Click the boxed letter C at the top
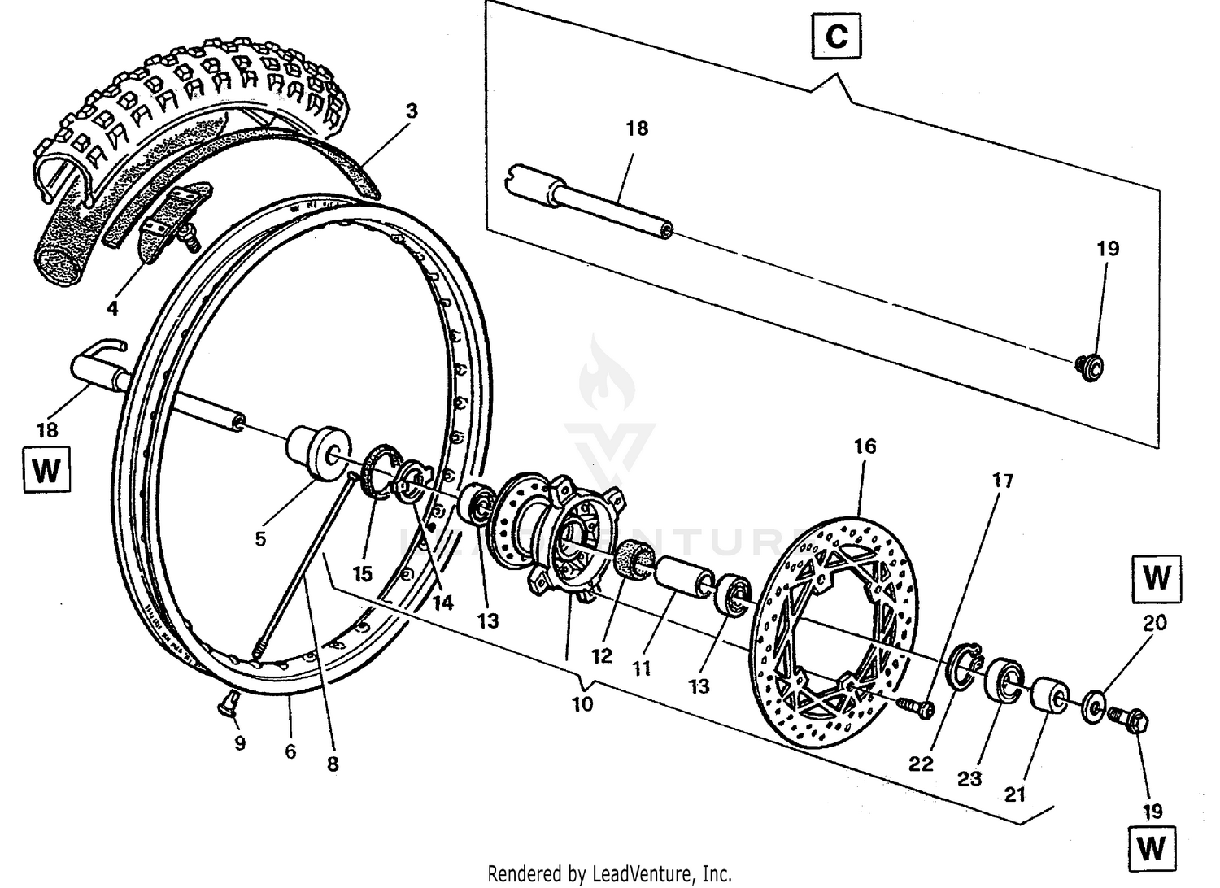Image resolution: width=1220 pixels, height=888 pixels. point(836,37)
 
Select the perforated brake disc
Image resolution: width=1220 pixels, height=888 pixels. point(838,626)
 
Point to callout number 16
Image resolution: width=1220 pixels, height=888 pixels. point(865,446)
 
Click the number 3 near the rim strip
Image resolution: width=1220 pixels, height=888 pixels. point(412,111)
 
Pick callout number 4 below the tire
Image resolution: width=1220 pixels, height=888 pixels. point(112,308)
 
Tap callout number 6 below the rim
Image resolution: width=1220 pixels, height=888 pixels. point(290,751)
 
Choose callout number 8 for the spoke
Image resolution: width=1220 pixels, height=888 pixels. point(332,764)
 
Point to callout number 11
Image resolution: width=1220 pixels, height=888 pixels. point(642,668)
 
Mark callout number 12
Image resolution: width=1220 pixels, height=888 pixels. point(601,655)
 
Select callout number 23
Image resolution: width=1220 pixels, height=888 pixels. point(969,779)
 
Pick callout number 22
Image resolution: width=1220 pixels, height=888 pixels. point(922,764)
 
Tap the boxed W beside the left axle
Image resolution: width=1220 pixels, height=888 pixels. point(46,470)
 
